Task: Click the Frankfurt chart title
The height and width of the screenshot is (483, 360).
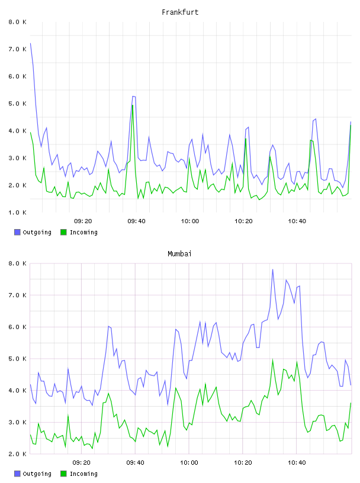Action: pos(180,12)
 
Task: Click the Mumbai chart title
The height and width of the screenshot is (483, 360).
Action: pos(179,254)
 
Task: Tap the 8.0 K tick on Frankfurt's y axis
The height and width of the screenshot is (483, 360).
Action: pos(18,22)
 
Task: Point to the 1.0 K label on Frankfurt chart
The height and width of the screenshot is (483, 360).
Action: pos(18,212)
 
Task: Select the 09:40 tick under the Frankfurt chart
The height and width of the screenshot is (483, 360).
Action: pos(136,221)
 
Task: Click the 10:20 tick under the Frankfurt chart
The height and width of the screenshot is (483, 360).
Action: pos(243,221)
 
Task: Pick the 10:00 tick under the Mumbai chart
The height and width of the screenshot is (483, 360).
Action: pos(189,463)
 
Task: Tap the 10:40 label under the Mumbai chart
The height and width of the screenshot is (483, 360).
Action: pos(297,463)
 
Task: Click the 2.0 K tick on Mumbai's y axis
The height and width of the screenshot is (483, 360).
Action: pos(18,454)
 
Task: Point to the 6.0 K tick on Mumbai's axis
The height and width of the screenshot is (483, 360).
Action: pos(18,327)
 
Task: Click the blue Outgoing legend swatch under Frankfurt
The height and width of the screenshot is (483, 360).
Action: pos(17,232)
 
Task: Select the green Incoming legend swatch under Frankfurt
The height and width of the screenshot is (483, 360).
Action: pos(63,232)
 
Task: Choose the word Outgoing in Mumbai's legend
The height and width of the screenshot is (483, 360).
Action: pos(37,474)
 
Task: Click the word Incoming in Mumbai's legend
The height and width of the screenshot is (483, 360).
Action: pos(83,474)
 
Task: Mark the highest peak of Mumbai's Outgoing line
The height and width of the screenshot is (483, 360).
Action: pos(272,269)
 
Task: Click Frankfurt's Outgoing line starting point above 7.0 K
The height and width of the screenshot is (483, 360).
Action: pos(31,43)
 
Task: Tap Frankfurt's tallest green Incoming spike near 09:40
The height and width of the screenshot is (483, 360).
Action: pos(133,105)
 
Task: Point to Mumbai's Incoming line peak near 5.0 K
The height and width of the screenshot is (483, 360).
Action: pos(272,359)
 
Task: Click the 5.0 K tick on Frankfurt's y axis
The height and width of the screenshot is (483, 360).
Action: pos(18,104)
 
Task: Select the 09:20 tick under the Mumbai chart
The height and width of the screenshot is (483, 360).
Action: pos(81,463)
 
